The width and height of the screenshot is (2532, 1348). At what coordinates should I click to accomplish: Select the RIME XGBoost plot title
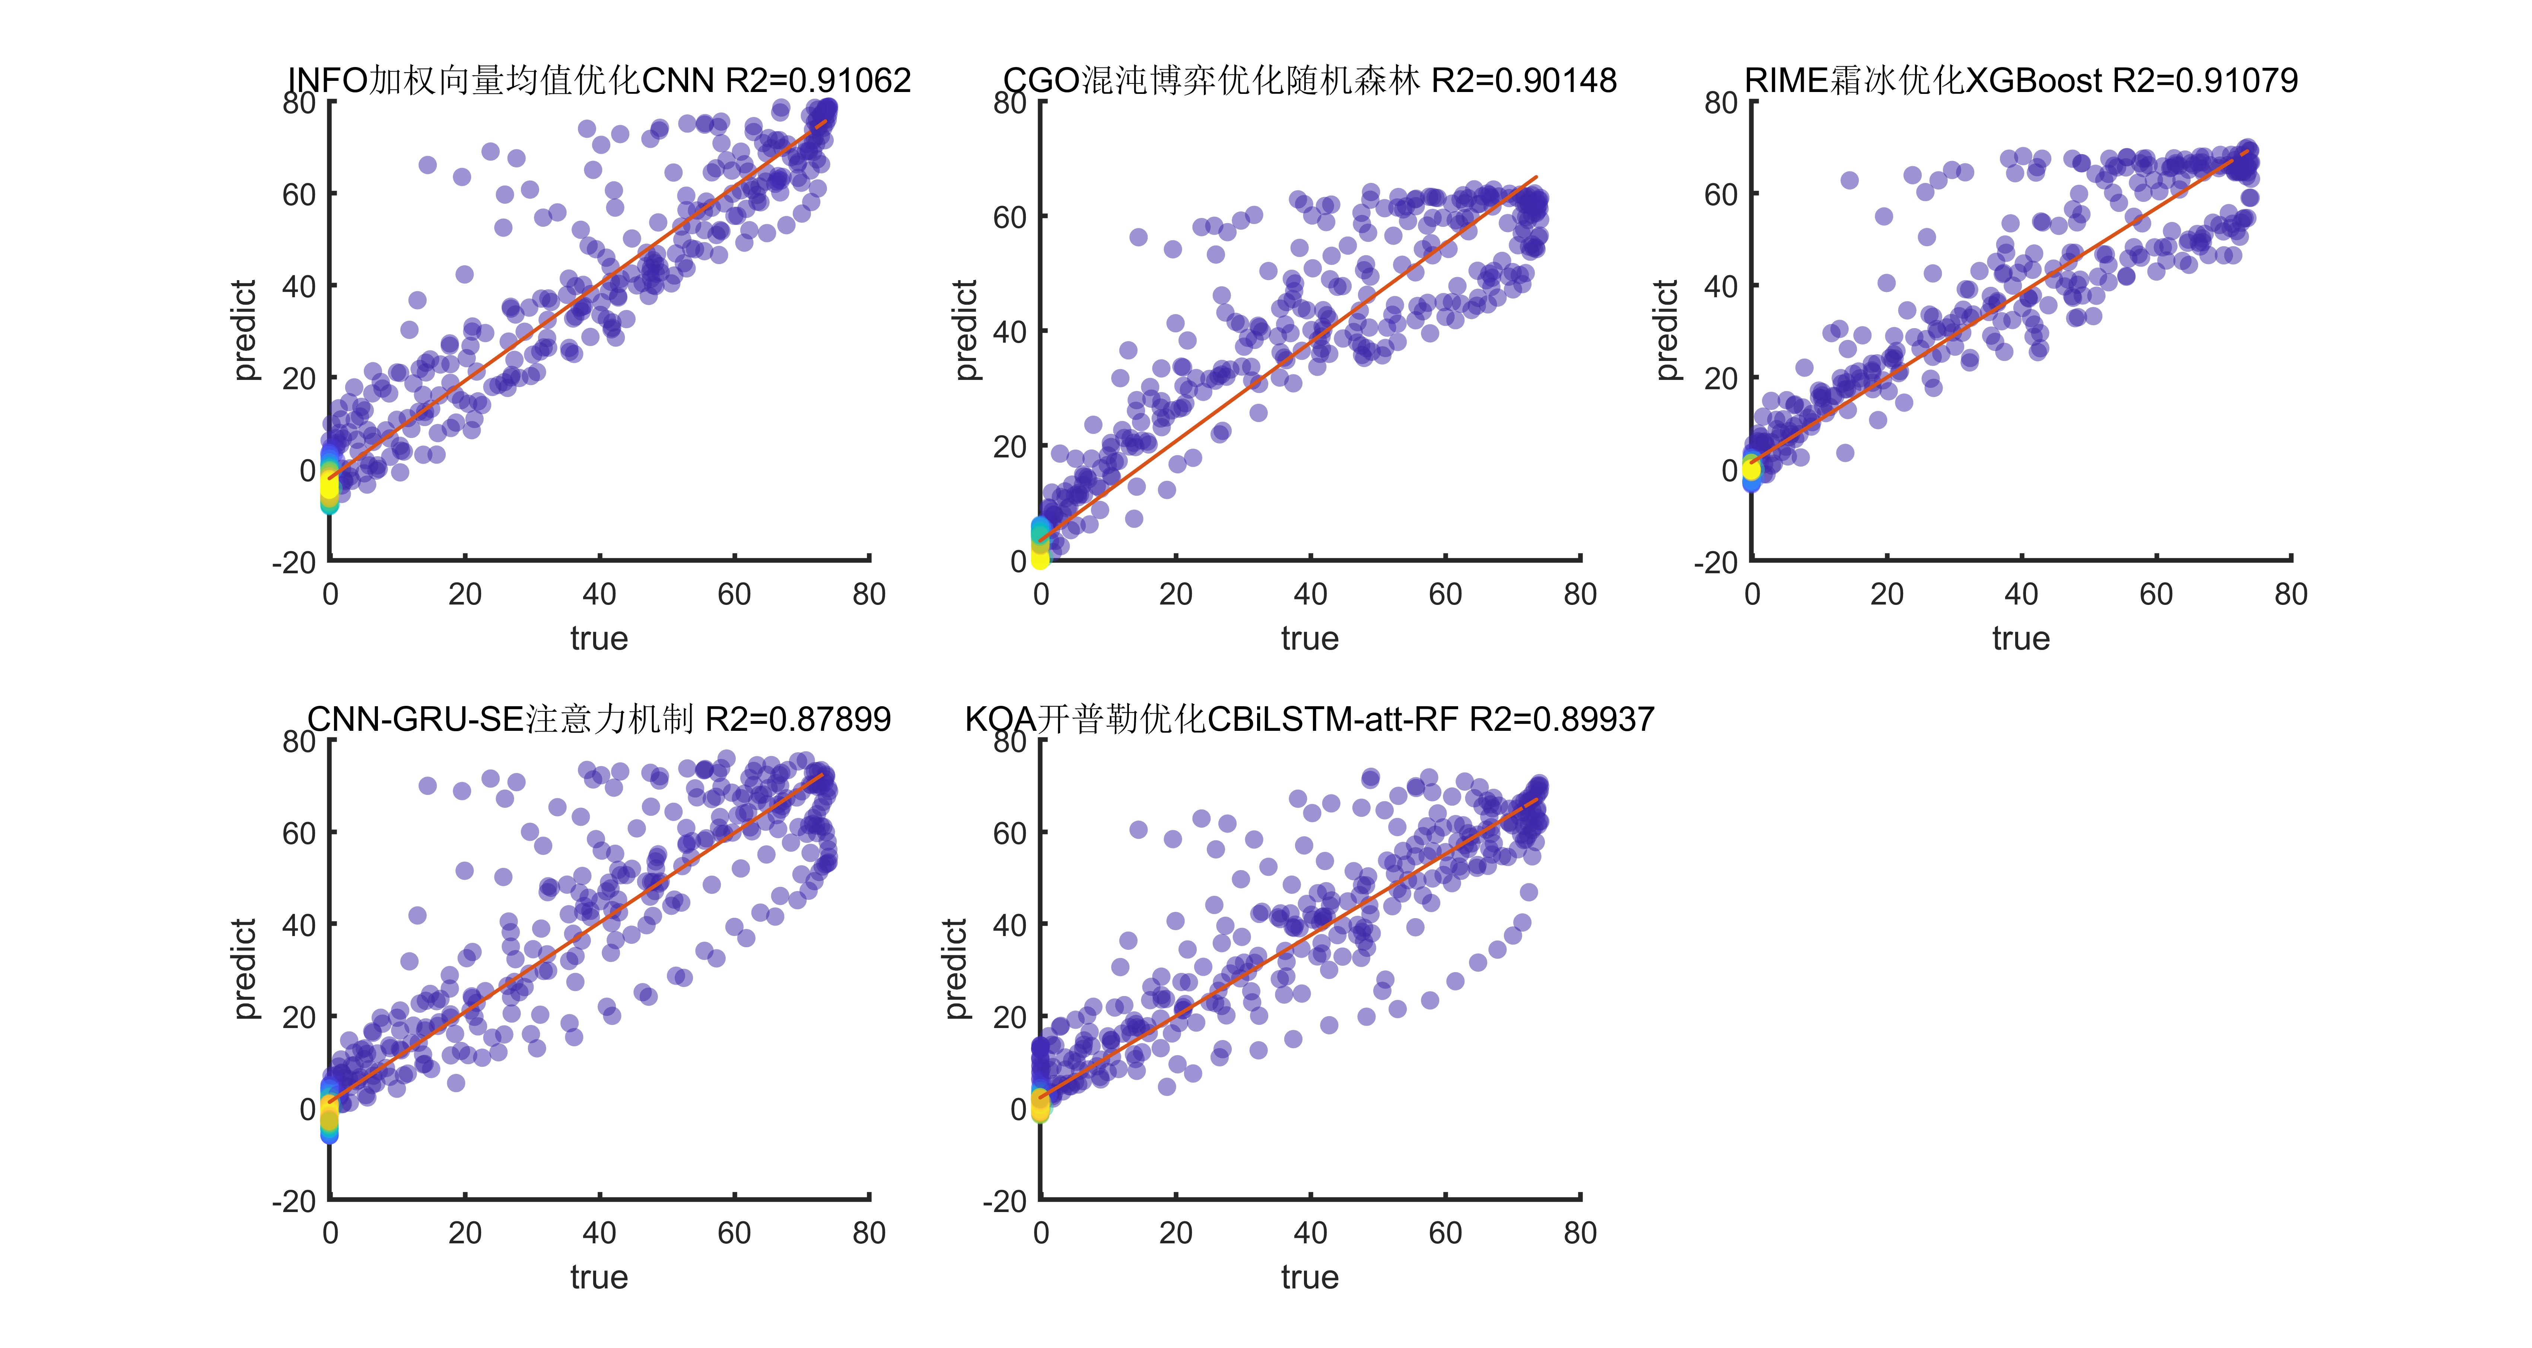(x=2021, y=80)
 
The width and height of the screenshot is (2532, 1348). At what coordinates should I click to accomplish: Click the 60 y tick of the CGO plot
(x=1009, y=217)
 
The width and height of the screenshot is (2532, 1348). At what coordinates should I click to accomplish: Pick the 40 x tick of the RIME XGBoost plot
(x=2021, y=594)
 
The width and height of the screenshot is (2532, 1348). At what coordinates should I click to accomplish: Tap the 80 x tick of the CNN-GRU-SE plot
(x=869, y=1233)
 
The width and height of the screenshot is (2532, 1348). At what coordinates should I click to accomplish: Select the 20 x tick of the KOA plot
(x=1176, y=1233)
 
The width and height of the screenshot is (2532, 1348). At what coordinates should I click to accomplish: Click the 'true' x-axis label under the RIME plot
(x=2021, y=639)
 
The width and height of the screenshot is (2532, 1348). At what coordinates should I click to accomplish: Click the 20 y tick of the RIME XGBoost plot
(x=1721, y=378)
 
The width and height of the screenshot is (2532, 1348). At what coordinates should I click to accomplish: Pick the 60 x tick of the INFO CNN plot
(x=734, y=594)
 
